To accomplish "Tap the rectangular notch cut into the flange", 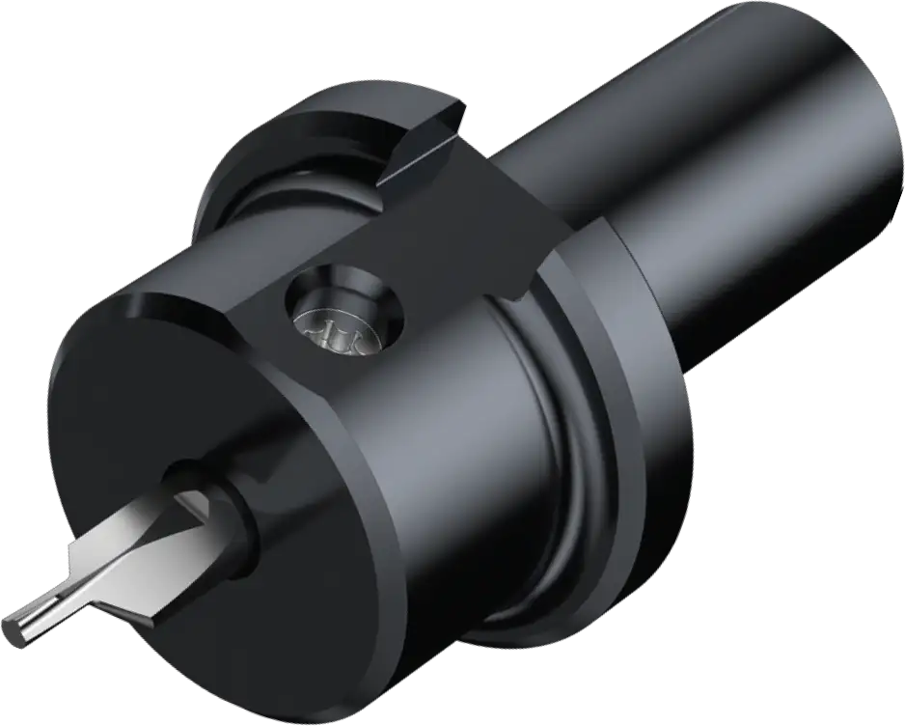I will click(x=425, y=150).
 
